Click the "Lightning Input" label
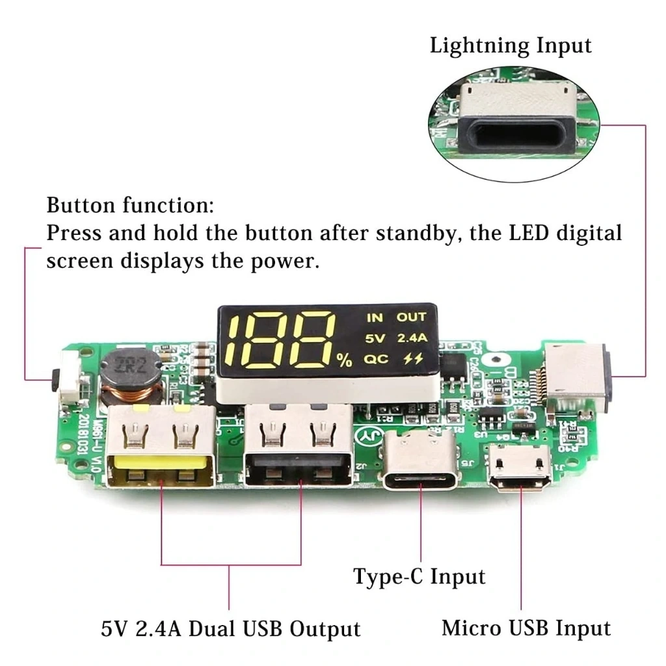tap(510, 46)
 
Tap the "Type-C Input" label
tap(419, 576)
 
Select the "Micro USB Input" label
tap(526, 628)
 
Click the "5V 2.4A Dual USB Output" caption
tap(230, 629)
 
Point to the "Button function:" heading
tap(130, 206)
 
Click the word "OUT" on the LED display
tap(411, 317)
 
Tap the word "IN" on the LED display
tap(375, 317)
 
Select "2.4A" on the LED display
tap(412, 338)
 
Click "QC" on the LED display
tap(375, 359)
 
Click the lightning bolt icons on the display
tap(412, 359)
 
